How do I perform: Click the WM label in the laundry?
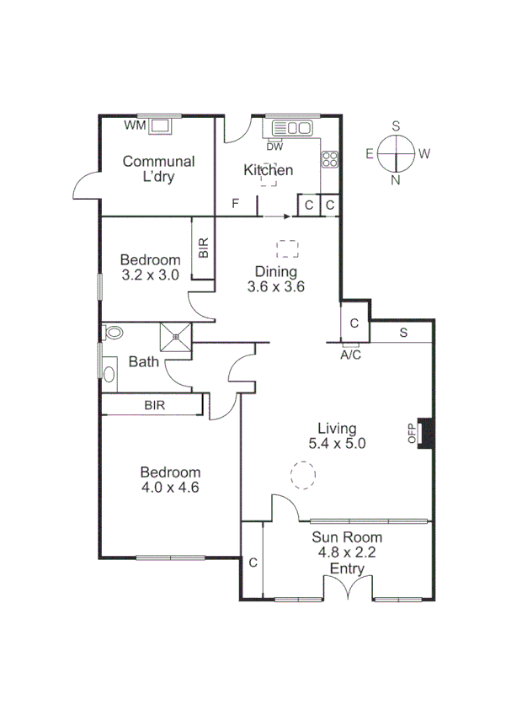click(134, 125)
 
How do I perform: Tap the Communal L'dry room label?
click(158, 169)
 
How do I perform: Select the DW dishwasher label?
click(274, 146)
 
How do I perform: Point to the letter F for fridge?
click(236, 204)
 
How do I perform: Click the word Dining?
click(276, 271)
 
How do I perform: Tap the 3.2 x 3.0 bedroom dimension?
click(150, 274)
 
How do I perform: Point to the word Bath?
click(143, 362)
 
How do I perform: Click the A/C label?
click(350, 355)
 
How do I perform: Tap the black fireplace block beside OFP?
click(427, 432)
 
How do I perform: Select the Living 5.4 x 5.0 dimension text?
click(337, 444)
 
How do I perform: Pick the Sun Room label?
click(347, 537)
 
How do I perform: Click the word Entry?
click(347, 569)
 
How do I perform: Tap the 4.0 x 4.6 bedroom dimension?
click(170, 487)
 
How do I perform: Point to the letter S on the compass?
click(396, 125)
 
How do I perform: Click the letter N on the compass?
click(396, 180)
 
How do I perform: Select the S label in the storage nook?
click(402, 332)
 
